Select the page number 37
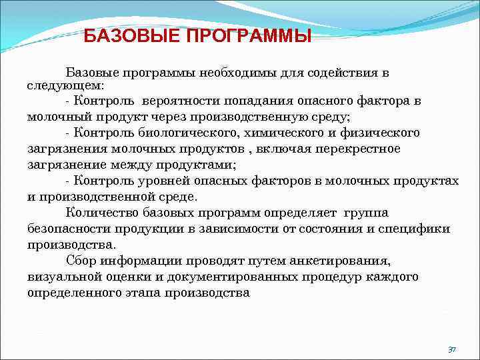click(x=451, y=349)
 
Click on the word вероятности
click(x=181, y=101)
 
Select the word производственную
click(x=248, y=117)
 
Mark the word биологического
click(x=181, y=132)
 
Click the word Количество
click(x=99, y=213)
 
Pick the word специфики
click(x=418, y=229)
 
